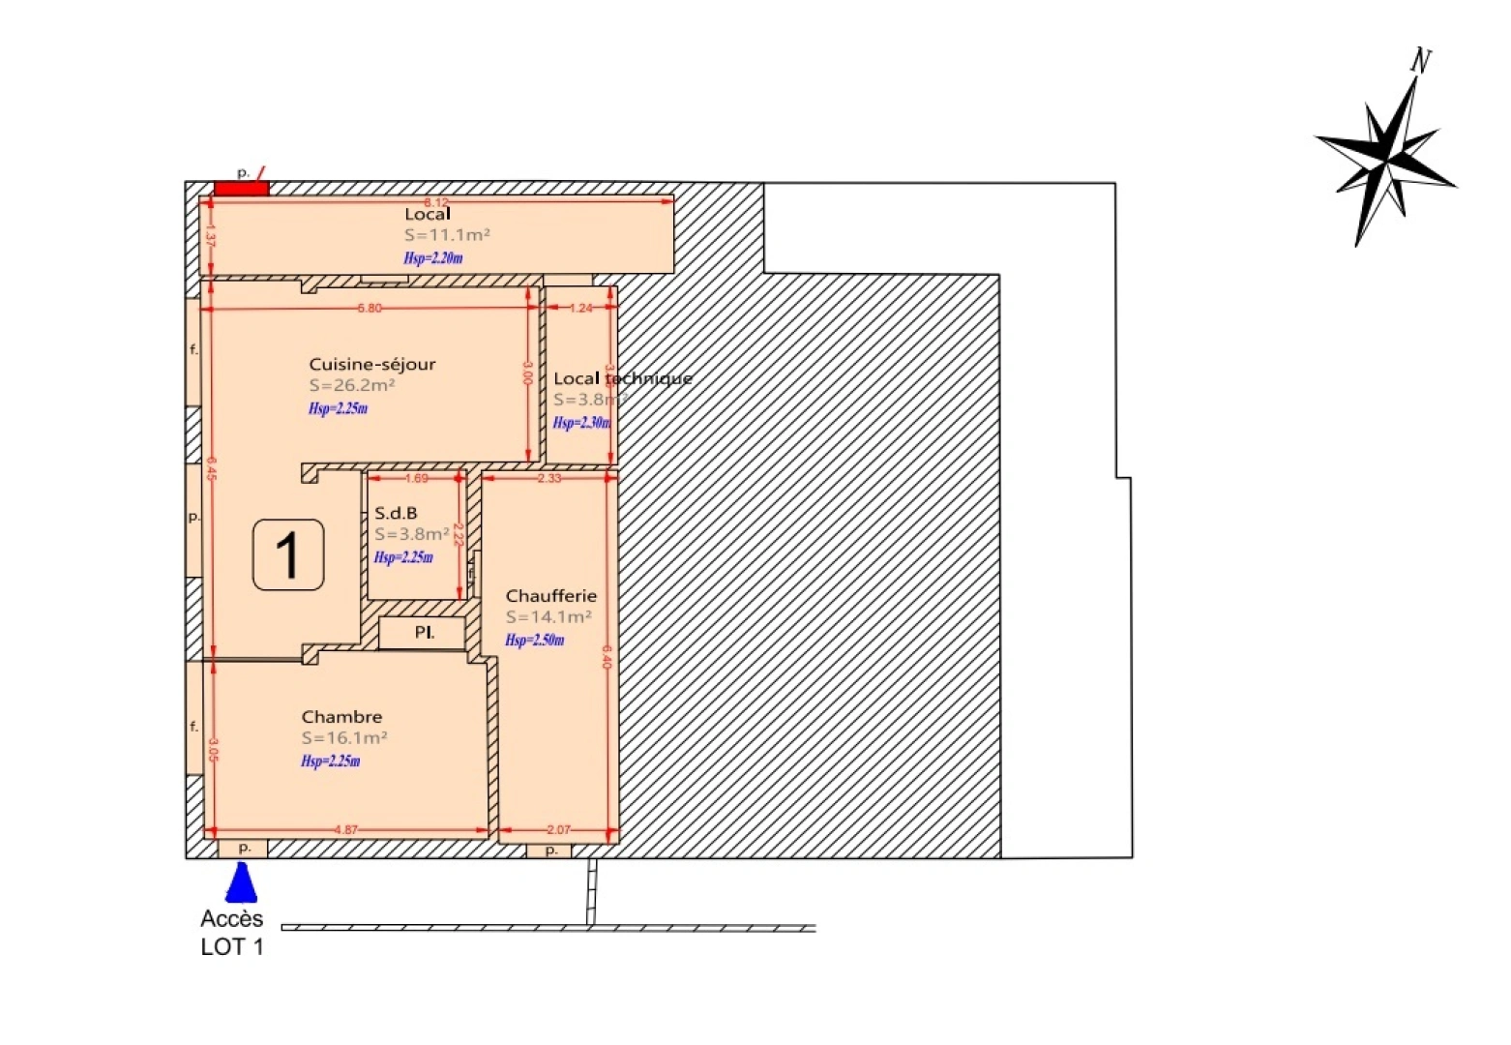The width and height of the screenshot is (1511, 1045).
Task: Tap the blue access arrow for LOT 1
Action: click(241, 882)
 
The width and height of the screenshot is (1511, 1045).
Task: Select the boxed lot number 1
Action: click(288, 555)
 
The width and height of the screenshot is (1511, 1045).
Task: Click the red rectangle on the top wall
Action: click(241, 188)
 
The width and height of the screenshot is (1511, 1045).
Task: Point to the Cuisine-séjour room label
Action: click(372, 365)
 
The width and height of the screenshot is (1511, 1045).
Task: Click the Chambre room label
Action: click(341, 717)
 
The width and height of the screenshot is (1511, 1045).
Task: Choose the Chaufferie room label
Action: click(550, 596)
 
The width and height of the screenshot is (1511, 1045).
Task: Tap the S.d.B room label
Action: click(396, 513)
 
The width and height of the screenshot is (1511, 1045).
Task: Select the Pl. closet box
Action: click(423, 633)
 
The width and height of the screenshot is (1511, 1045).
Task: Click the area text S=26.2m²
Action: click(352, 385)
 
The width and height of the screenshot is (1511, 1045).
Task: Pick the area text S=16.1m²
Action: click(344, 737)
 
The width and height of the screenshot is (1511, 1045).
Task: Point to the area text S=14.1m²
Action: click(548, 616)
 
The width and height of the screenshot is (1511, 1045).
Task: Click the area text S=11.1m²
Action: click(447, 235)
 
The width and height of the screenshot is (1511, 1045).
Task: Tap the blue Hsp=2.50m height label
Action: click(534, 640)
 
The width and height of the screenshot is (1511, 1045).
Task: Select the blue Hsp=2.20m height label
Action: click(432, 258)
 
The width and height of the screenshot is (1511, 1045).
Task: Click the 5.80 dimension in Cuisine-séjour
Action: click(370, 309)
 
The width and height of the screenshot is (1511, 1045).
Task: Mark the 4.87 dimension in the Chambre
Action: click(345, 830)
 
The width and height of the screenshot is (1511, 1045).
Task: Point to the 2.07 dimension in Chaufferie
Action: click(558, 830)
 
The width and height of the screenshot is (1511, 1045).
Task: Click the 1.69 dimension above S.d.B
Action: click(416, 478)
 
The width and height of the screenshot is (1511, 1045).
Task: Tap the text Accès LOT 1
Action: click(232, 933)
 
